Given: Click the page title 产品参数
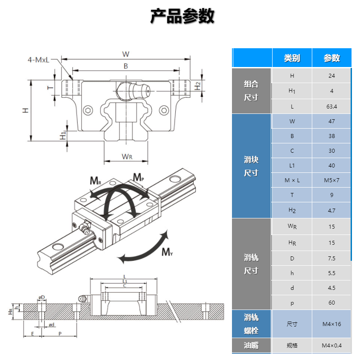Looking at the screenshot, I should click(x=182, y=17).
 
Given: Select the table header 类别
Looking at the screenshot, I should click(x=292, y=58).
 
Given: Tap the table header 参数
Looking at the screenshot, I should click(x=331, y=58).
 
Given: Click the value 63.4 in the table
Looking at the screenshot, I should click(x=331, y=106).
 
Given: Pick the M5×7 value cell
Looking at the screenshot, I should click(x=331, y=180).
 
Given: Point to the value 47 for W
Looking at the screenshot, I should click(x=331, y=121).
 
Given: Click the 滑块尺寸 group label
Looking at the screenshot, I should click(x=251, y=166).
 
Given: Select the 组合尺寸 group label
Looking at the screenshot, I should click(x=251, y=91).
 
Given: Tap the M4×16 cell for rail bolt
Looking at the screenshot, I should click(x=331, y=324).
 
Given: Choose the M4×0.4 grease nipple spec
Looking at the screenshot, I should click(x=331, y=345).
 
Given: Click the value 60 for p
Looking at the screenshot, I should click(x=331, y=303).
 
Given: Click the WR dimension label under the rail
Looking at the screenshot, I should click(x=127, y=157).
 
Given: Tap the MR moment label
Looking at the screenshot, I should click(x=95, y=181).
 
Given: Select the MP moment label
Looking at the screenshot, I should click(x=138, y=177).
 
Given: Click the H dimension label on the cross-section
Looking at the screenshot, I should click(x=26, y=110).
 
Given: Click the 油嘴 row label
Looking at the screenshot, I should click(x=251, y=345).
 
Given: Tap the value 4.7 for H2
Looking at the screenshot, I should click(x=331, y=209).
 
